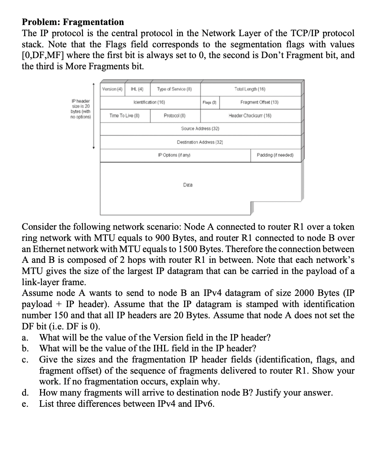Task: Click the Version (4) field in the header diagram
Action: (x=112, y=89)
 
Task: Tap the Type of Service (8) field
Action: (x=174, y=89)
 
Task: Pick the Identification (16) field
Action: (x=149, y=102)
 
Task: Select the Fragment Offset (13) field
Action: (x=259, y=102)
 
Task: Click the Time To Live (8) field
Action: (x=124, y=115)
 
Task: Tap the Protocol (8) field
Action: (x=175, y=115)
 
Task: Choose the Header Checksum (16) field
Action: (x=250, y=115)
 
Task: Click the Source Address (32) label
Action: (x=200, y=129)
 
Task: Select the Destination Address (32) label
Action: (x=200, y=142)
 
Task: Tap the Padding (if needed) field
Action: (x=275, y=155)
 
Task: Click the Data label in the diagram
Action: (x=188, y=185)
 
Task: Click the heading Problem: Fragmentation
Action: (x=73, y=22)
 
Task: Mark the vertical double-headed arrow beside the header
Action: (x=93, y=115)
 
